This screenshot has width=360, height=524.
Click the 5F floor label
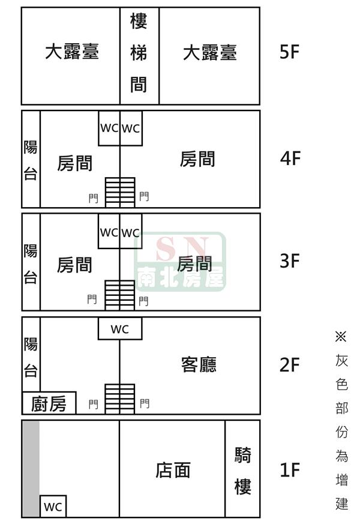click(289, 52)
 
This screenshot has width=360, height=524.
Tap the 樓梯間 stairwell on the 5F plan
click(139, 56)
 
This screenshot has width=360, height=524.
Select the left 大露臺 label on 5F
click(72, 52)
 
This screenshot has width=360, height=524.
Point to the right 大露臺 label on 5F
click(210, 53)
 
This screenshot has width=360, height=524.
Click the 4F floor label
click(290, 158)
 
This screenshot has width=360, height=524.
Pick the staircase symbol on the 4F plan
click(120, 192)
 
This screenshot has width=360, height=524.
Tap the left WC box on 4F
click(109, 128)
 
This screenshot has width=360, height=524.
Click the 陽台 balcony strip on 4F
click(31, 159)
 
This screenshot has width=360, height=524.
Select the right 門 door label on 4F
click(144, 196)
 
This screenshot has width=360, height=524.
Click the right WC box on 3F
click(131, 231)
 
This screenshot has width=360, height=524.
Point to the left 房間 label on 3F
click(74, 265)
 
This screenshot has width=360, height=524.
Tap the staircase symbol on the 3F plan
click(119, 295)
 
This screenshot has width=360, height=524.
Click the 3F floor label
click(290, 261)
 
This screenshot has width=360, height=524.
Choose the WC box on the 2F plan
click(120, 328)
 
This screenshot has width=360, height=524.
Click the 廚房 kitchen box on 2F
click(49, 403)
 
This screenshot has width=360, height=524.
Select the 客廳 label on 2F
click(199, 364)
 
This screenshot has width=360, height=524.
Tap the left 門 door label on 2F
click(93, 405)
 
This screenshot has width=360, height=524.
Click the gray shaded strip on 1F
click(31, 469)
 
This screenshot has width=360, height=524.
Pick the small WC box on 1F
click(53, 506)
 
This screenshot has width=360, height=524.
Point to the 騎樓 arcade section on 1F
click(242, 469)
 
